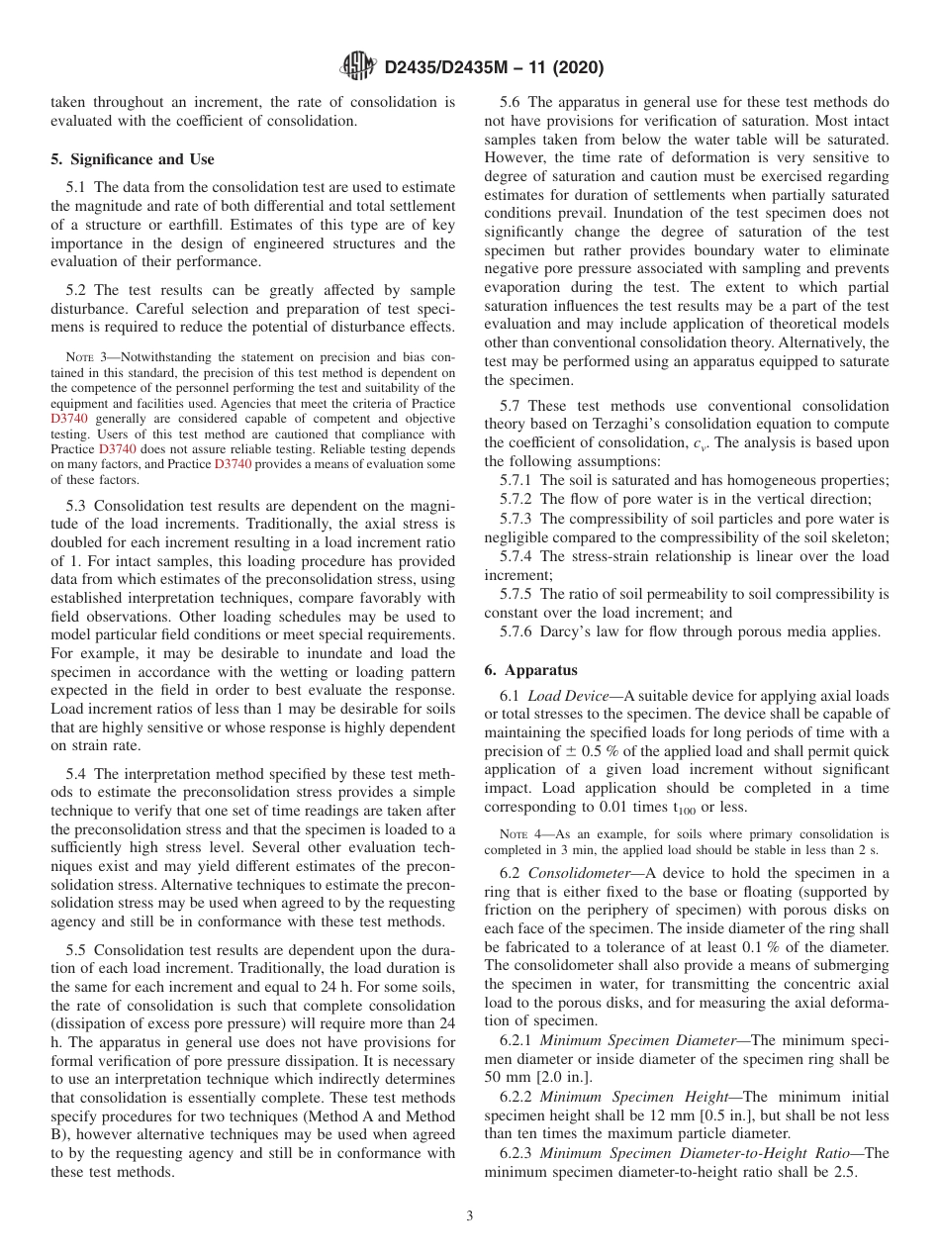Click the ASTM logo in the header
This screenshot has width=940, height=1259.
tap(358, 67)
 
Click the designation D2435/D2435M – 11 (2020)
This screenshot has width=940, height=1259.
tap(493, 68)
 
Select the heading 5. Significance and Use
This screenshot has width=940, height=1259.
tap(133, 159)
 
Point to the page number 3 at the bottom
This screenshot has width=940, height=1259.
tap(470, 1216)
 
